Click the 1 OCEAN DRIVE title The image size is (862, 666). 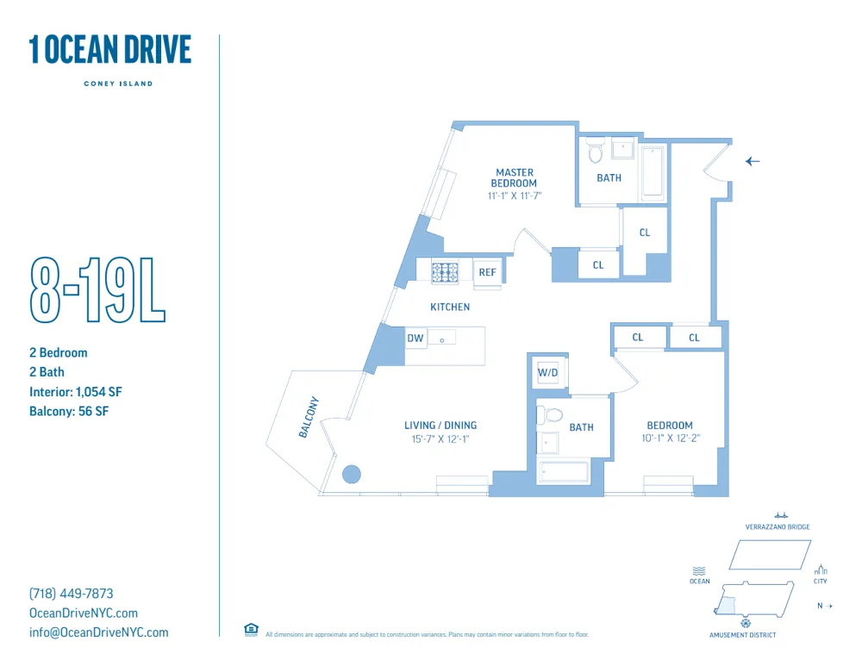click(109, 50)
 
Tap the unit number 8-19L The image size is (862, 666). click(97, 289)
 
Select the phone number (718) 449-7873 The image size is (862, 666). click(72, 594)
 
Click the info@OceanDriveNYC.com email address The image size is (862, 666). click(99, 632)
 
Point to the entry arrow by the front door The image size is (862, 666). click(753, 161)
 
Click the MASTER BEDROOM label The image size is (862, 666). click(514, 177)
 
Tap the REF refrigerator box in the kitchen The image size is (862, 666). click(487, 272)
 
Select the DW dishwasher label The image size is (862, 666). click(415, 339)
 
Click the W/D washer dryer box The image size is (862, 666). click(548, 373)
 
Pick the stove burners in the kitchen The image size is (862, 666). click(446, 272)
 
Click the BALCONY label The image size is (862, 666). click(309, 417)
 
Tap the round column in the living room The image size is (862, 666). click(351, 474)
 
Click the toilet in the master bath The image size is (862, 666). click(595, 152)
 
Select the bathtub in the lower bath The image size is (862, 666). click(563, 472)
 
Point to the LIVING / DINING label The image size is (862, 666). click(440, 425)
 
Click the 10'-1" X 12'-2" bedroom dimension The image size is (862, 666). click(670, 439)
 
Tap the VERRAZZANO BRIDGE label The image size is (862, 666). click(778, 526)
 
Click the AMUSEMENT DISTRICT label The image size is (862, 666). click(742, 635)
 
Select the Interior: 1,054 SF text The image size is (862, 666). click(76, 392)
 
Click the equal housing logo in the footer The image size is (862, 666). click(251, 630)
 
